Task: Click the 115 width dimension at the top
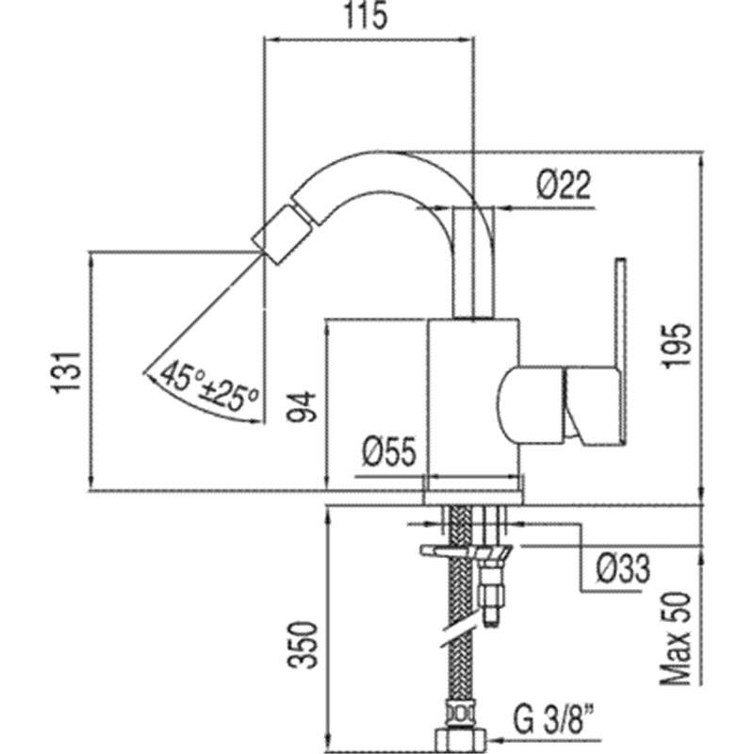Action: click(x=366, y=16)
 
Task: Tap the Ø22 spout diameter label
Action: click(x=564, y=185)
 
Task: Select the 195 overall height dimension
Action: click(x=677, y=346)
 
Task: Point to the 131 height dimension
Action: click(x=65, y=373)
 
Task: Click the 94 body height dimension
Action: click(x=302, y=407)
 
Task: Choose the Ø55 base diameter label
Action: click(x=389, y=452)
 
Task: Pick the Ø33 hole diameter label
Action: click(x=623, y=569)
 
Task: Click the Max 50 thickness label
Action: click(x=676, y=639)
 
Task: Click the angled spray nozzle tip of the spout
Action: click(x=275, y=235)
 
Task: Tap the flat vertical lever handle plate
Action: click(x=620, y=352)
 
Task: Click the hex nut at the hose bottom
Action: click(x=461, y=743)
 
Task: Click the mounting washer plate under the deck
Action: click(x=466, y=550)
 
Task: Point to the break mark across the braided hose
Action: click(x=461, y=634)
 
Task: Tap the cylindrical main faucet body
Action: click(x=474, y=404)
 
